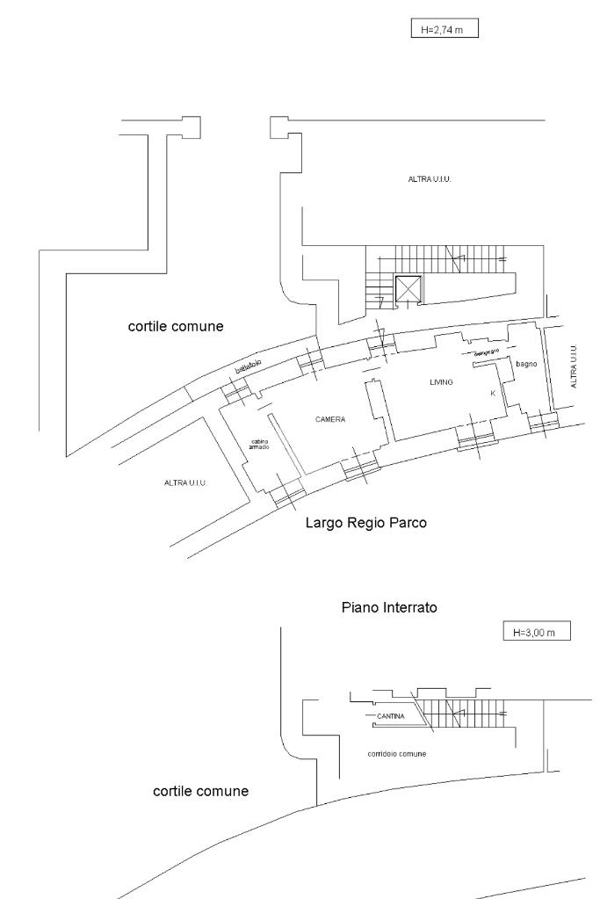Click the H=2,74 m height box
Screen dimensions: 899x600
pyautogui.click(x=444, y=30)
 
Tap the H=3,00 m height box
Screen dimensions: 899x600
pyautogui.click(x=535, y=632)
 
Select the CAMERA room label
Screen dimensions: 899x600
pyautogui.click(x=330, y=420)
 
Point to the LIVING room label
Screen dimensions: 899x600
pyautogui.click(x=441, y=382)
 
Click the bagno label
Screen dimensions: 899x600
pyautogui.click(x=526, y=362)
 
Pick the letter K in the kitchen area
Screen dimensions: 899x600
pyautogui.click(x=493, y=394)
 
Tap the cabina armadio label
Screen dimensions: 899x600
pyautogui.click(x=259, y=445)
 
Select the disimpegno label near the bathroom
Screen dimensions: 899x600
pyautogui.click(x=487, y=352)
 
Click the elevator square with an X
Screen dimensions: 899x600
pyautogui.click(x=408, y=289)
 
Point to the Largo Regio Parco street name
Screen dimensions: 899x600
pyautogui.click(x=366, y=523)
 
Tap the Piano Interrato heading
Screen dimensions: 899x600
pyautogui.click(x=388, y=607)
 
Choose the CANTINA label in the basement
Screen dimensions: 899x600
pyautogui.click(x=389, y=716)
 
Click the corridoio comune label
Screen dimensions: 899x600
pyautogui.click(x=397, y=754)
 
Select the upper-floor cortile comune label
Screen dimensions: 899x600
pyautogui.click(x=176, y=327)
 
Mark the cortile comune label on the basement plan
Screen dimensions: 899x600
pyautogui.click(x=200, y=791)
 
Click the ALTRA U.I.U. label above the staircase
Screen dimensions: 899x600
pyautogui.click(x=430, y=179)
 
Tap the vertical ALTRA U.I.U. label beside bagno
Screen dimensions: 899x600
pyautogui.click(x=575, y=366)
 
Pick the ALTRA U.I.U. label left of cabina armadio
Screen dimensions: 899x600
pyautogui.click(x=185, y=482)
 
